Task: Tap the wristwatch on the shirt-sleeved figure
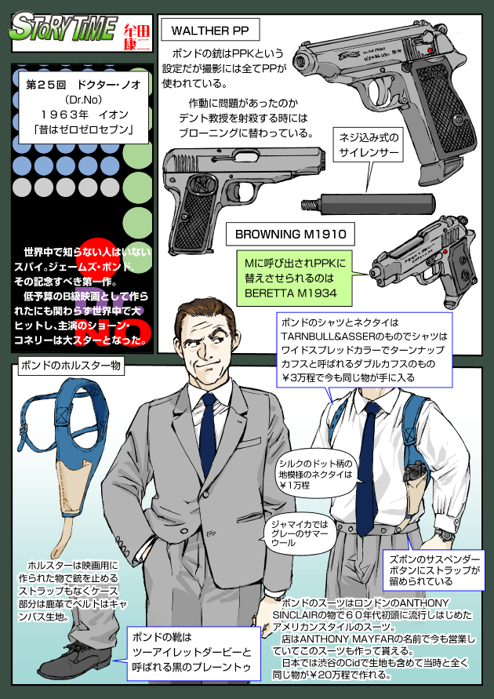click(x=445, y=535)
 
